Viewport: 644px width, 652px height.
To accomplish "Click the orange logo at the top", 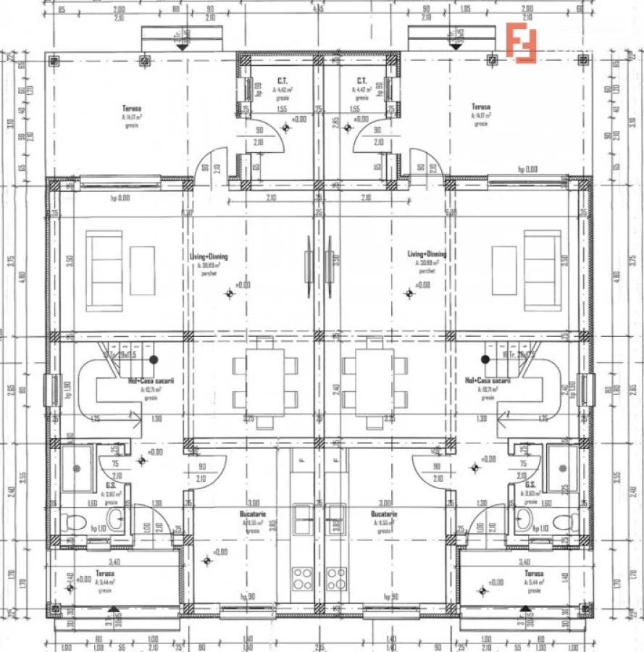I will click(x=521, y=43).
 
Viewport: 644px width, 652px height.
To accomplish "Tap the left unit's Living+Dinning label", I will click(x=209, y=256).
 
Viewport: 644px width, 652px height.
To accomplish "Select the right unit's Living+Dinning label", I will click(x=427, y=254).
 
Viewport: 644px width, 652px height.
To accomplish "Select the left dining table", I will click(x=265, y=382).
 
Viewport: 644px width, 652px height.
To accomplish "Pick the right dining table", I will click(x=375, y=382).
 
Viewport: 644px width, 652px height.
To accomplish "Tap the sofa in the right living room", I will click(x=543, y=270).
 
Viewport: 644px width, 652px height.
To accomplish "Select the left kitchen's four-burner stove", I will click(x=302, y=578).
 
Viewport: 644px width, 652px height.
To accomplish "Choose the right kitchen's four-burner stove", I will click(x=336, y=578).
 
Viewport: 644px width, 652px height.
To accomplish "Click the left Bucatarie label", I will click(x=251, y=514).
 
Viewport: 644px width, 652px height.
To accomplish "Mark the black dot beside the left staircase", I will click(x=154, y=359).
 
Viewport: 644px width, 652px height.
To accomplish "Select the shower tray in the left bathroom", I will click(x=77, y=468).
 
